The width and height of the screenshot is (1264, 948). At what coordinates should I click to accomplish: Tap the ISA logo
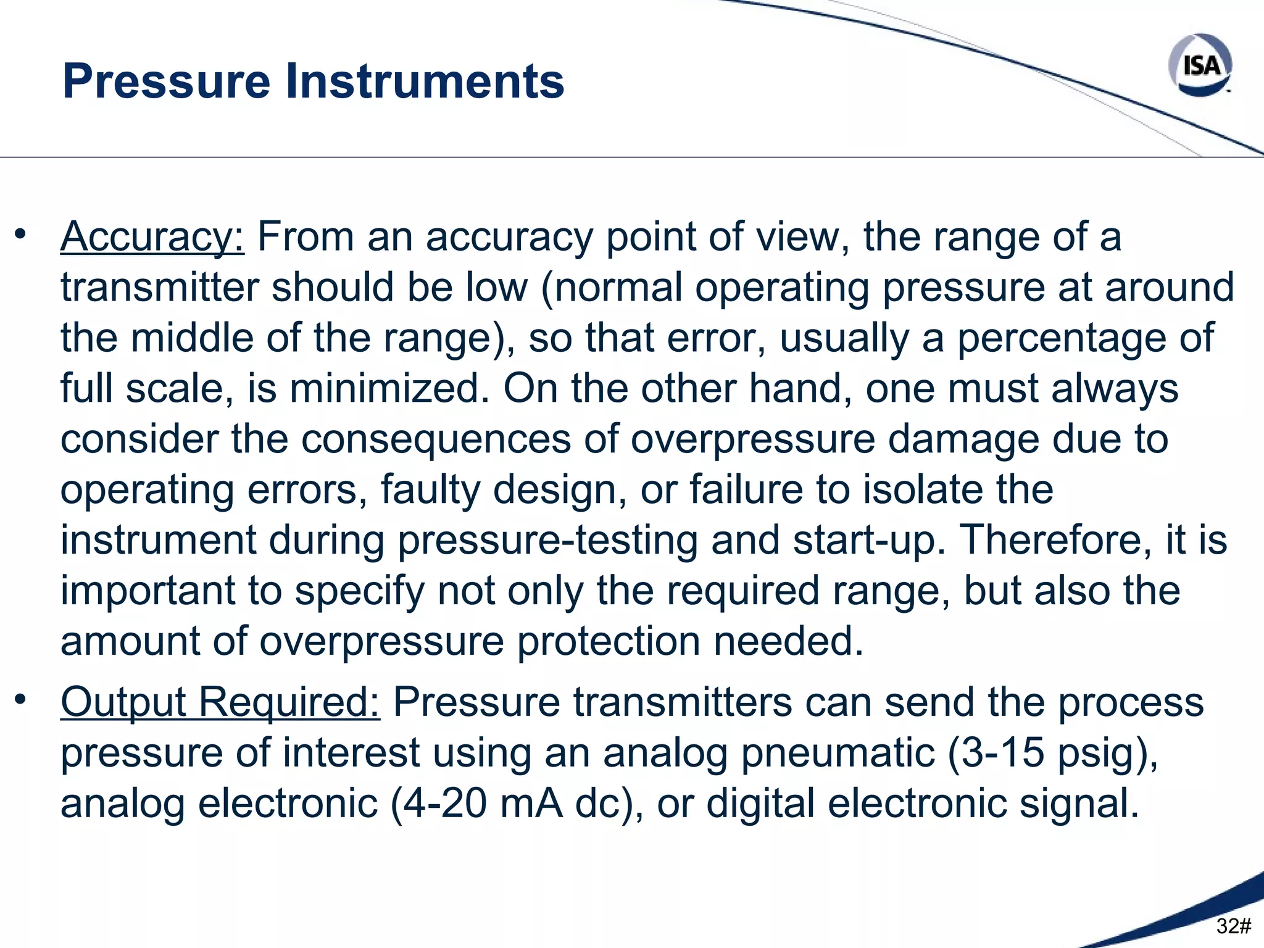pos(1200,65)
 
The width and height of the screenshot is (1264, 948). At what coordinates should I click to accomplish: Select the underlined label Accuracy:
pos(152,236)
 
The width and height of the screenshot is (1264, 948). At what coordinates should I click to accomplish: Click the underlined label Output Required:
pos(220,702)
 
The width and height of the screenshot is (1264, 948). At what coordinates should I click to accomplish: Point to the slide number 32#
pos(1233,926)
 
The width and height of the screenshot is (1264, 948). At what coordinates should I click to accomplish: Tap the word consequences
pos(436,439)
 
